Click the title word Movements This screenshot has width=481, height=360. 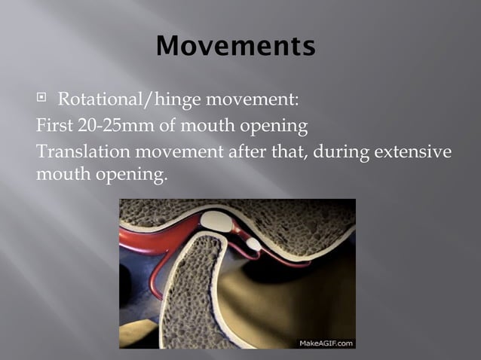235,47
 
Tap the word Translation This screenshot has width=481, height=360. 84,152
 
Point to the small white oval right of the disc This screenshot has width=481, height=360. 254,244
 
